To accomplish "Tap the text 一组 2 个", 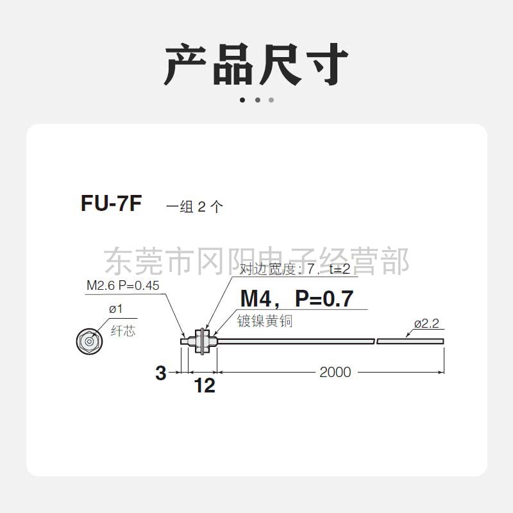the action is (x=195, y=207).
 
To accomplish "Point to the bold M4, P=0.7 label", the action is (x=297, y=298).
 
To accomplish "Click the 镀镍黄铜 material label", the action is (x=265, y=321).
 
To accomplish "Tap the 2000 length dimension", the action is (x=335, y=372).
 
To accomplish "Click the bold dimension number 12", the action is (x=205, y=385).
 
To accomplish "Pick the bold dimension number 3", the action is (x=161, y=373).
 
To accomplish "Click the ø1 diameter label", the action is (x=115, y=309).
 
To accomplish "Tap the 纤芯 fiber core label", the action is (x=123, y=331).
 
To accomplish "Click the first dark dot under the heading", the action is (x=242, y=100).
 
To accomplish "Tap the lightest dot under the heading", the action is (x=271, y=100).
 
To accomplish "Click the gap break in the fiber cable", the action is (x=375, y=341).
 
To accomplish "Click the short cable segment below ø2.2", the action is (x=410, y=341).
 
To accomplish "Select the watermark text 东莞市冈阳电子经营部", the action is (x=256, y=260).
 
